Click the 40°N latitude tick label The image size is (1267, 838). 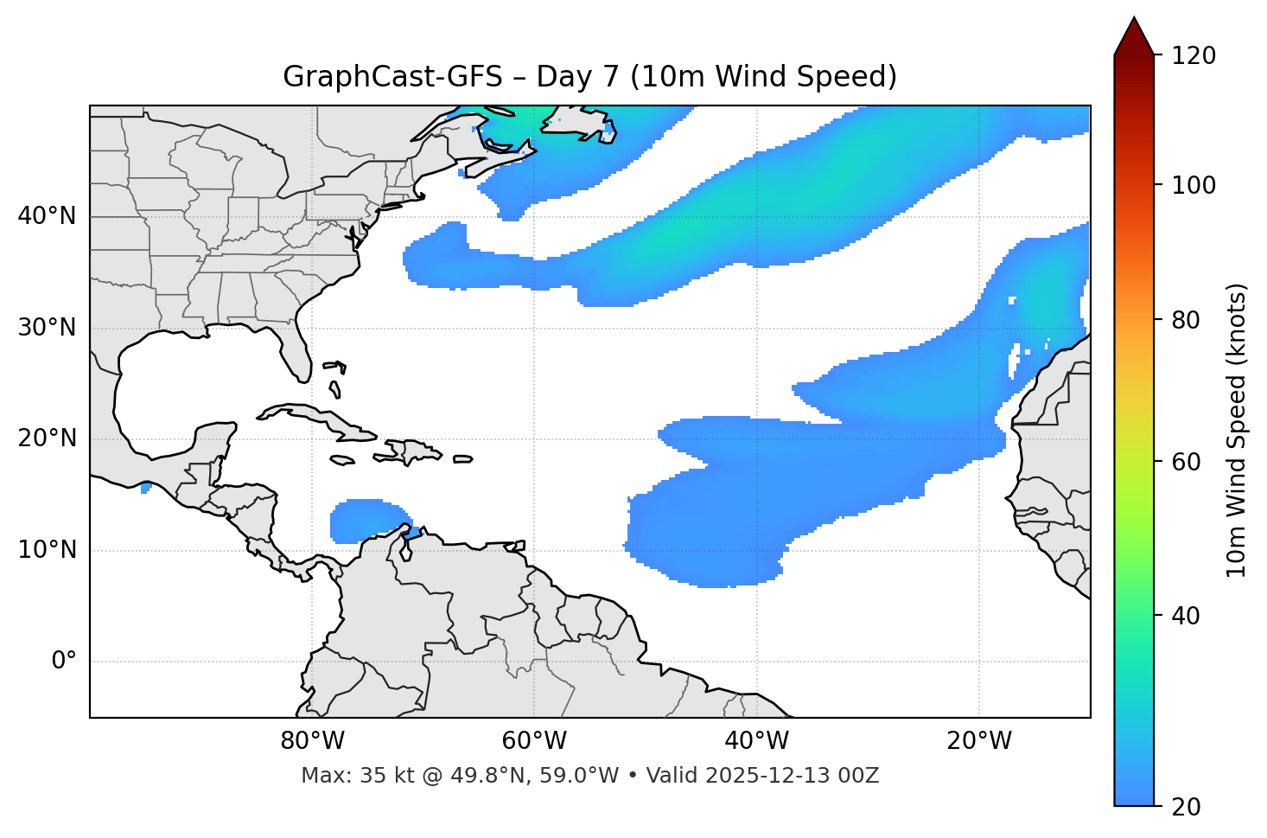[x=47, y=216]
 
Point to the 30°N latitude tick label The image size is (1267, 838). [x=47, y=328]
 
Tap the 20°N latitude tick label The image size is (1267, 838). [x=47, y=438]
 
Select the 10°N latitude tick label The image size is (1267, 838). [x=47, y=550]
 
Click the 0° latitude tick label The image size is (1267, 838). [x=63, y=662]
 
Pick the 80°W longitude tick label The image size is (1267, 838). [x=312, y=741]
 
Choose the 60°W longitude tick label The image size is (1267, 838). [x=534, y=741]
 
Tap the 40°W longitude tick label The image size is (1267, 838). [x=756, y=741]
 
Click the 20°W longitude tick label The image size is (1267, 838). [x=979, y=741]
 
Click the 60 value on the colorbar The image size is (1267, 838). [x=1185, y=462]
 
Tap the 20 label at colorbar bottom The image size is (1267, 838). [x=1185, y=807]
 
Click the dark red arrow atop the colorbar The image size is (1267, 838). [x=1134, y=36]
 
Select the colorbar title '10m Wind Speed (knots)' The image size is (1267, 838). [x=1237, y=430]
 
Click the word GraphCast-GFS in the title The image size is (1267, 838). [x=392, y=77]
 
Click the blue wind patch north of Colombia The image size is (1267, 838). [x=363, y=521]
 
